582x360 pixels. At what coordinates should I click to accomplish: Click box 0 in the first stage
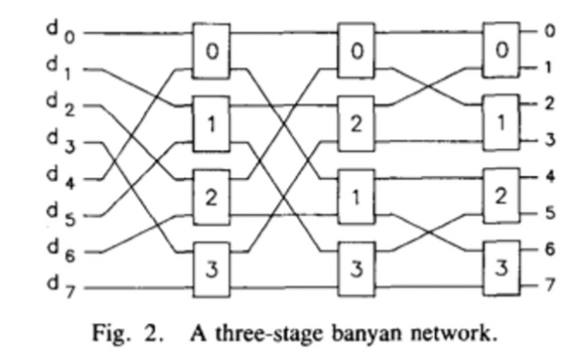[211, 47]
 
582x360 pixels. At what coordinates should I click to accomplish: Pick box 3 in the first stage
[211, 265]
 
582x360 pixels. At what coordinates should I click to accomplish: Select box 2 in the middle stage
[357, 122]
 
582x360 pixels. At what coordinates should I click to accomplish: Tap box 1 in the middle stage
[357, 195]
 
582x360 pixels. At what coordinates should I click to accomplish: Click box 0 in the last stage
[502, 47]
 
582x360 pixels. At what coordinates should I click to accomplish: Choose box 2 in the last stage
[502, 195]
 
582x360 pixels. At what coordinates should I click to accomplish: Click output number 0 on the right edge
[550, 31]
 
